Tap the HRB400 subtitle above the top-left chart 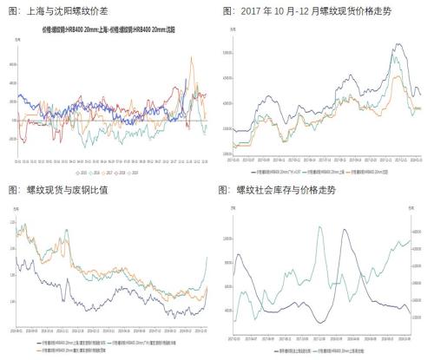coord(106,28)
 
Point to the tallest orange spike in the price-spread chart coord(191,58)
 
